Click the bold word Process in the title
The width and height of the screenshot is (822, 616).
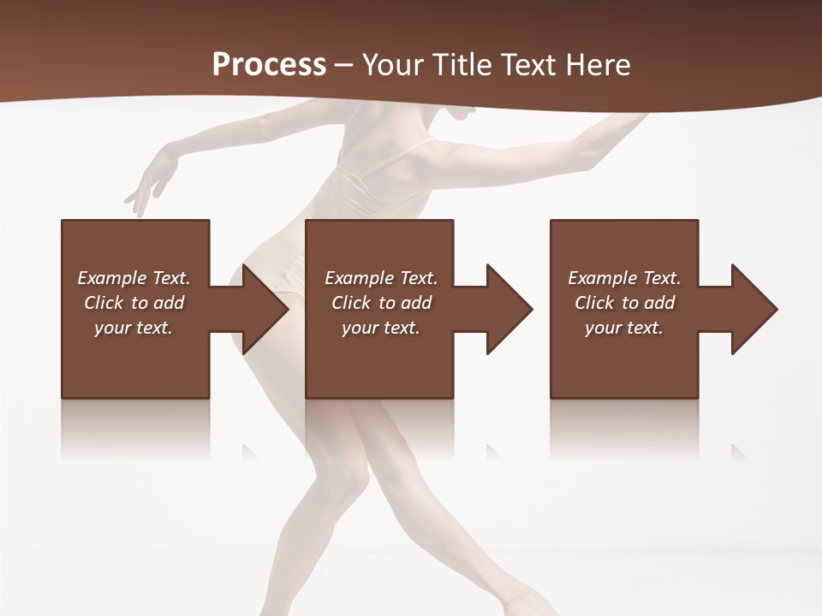pos(269,64)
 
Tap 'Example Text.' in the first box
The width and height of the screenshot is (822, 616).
pos(134,278)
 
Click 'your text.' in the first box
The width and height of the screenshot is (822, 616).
pos(134,328)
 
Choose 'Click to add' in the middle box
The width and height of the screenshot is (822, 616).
pos(381,303)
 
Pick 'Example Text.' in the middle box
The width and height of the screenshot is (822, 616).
pos(381,278)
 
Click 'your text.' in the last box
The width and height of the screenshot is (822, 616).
pos(624,328)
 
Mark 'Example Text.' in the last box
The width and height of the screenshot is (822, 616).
pos(624,278)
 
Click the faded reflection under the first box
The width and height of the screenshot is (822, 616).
pos(135,428)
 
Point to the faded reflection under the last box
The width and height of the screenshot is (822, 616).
pos(624,428)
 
